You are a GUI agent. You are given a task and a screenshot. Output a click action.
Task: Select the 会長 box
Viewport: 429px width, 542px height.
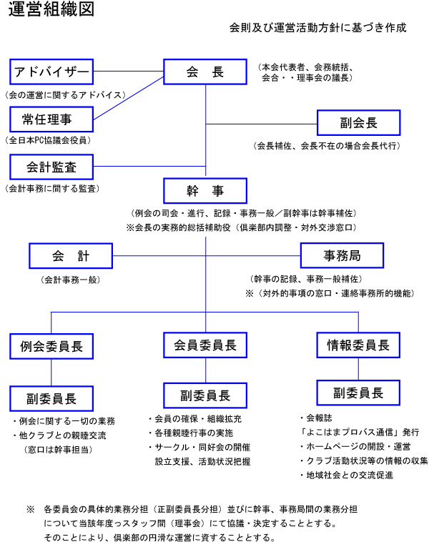pyautogui.click(x=206, y=72)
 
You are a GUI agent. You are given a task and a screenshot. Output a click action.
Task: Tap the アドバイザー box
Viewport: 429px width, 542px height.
pyautogui.click(x=51, y=72)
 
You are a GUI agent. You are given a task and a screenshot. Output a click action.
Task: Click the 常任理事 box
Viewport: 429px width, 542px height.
pyautogui.click(x=51, y=118)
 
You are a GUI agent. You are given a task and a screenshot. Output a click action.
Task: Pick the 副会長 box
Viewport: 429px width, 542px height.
pyautogui.click(x=358, y=122)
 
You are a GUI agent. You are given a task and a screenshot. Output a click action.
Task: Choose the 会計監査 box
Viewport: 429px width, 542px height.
pyautogui.click(x=51, y=167)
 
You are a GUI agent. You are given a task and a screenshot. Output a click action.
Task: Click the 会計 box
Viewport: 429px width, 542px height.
pyautogui.click(x=71, y=255)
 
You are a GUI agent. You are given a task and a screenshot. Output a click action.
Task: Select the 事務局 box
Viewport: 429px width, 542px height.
pyautogui.click(x=341, y=255)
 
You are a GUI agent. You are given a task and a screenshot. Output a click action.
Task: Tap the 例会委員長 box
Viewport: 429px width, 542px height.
pyautogui.click(x=51, y=346)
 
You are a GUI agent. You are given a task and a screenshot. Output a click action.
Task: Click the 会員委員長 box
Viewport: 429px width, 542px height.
pyautogui.click(x=206, y=345)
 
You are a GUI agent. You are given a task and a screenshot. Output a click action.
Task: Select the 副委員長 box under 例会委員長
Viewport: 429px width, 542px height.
pyautogui.click(x=51, y=398)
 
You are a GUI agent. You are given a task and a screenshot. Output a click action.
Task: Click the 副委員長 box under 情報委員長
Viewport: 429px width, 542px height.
pyautogui.click(x=358, y=393)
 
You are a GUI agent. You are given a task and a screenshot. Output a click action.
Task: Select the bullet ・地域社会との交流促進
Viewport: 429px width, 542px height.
pyautogui.click(x=346, y=475)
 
